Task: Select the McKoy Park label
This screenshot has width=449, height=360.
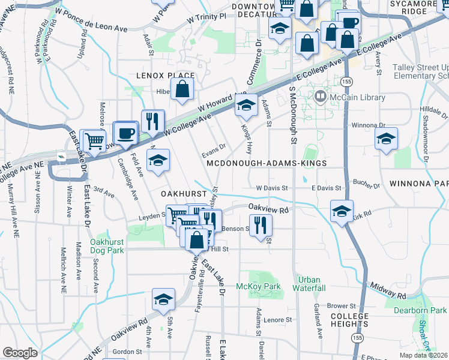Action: (x=258, y=287)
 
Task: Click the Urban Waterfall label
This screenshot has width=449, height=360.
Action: (x=309, y=284)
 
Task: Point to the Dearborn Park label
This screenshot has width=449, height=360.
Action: (x=420, y=310)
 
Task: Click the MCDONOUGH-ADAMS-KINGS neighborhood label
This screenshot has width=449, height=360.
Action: (x=267, y=163)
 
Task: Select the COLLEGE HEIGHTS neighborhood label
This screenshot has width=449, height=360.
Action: (x=349, y=320)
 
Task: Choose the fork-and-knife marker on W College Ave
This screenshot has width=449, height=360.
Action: (x=152, y=120)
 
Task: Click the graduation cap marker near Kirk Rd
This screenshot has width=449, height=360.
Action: (x=342, y=211)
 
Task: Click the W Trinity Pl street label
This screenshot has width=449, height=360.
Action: (x=206, y=17)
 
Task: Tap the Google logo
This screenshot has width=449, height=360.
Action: (x=20, y=353)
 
